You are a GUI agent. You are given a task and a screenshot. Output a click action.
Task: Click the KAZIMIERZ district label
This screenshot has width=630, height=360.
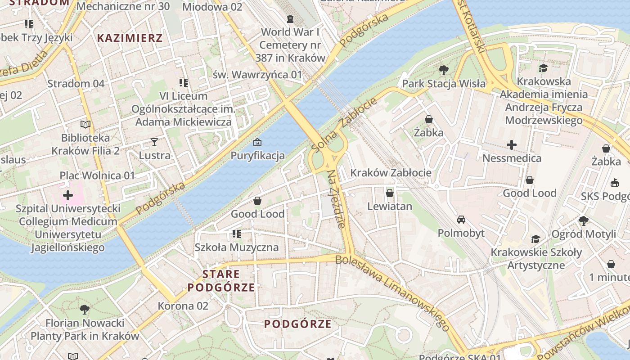tap(130, 38)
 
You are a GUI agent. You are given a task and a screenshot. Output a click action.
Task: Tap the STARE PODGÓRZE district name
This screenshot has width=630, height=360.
tap(221, 281)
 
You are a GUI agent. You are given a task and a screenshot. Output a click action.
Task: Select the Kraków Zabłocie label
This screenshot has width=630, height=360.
tap(391, 173)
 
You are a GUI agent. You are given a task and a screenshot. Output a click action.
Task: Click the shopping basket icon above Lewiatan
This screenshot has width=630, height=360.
tap(390, 193)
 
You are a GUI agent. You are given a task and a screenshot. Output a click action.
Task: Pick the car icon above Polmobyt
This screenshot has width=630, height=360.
tap(461, 220)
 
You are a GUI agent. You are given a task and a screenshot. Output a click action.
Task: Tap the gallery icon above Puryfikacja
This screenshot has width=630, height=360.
tap(257, 142)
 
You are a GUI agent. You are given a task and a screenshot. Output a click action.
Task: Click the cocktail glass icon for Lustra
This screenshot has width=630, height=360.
tap(154, 142)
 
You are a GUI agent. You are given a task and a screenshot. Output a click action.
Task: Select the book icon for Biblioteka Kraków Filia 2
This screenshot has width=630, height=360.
tap(85, 124)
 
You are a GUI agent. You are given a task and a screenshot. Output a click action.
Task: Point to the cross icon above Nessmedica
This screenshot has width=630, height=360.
tap(512, 145)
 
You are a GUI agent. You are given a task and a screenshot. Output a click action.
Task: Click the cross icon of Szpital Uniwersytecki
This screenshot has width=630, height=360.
tap(68, 195)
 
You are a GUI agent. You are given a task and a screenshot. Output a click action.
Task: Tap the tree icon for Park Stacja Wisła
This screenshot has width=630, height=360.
tap(443, 70)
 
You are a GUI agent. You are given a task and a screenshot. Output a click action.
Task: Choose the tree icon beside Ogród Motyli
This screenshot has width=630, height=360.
tap(584, 220)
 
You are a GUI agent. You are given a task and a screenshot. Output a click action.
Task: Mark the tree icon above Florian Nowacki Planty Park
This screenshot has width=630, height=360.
tap(84, 310)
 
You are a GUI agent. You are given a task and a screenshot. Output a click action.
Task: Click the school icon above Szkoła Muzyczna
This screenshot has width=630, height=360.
tap(236, 234)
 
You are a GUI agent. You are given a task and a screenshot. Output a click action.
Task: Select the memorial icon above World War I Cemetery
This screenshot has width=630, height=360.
tap(290, 19)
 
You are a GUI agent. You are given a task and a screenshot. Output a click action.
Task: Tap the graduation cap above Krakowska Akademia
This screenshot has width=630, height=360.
tap(544, 68)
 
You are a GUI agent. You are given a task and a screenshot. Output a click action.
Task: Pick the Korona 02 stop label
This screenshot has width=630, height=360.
tap(183, 306)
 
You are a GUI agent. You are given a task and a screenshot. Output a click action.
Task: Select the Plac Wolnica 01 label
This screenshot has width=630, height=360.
tap(97, 175)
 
